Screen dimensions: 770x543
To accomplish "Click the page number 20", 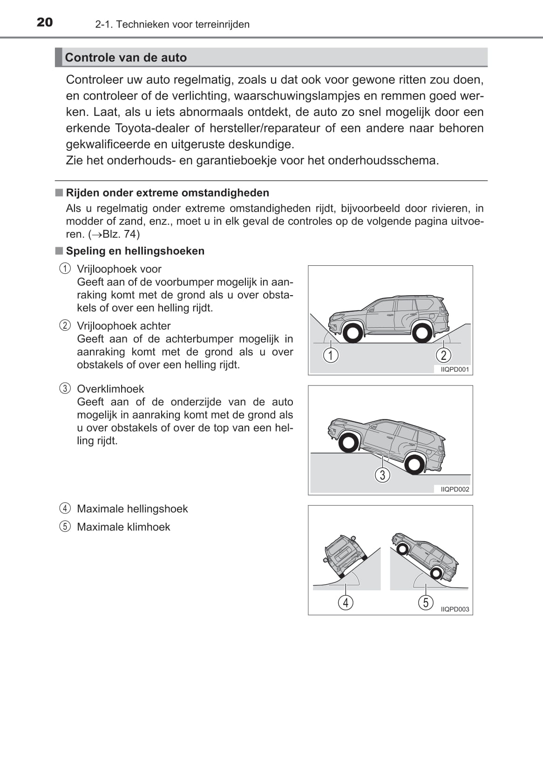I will coord(45,22).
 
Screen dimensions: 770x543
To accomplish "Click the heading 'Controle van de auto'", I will coord(126,58).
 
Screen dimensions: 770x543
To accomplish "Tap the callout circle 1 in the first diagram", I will coord(331,356).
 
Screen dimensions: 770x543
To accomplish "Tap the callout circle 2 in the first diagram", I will coord(443,356).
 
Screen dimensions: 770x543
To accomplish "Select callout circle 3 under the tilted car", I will coord(382,475).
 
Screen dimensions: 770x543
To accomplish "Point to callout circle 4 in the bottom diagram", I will coord(346,603).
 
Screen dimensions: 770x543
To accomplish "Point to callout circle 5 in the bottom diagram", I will coord(426,603).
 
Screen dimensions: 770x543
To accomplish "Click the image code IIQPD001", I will coord(455,370).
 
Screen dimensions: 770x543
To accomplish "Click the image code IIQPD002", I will coord(455,489).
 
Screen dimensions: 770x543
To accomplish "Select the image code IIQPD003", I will coord(455,609).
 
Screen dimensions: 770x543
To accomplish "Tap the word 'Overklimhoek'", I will coord(110,389).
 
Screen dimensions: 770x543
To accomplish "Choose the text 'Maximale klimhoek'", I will coord(123,527).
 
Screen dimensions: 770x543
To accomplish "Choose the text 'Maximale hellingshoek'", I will coord(132,509).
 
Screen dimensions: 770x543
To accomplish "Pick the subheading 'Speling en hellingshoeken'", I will coord(135,251).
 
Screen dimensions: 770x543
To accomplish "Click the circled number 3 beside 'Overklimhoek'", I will coord(65,389).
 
